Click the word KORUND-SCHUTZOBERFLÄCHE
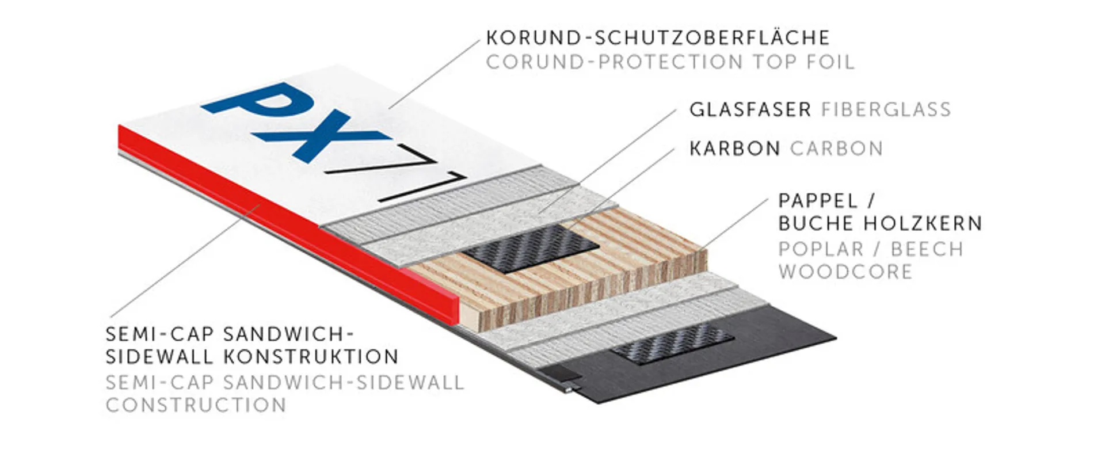click(658, 38)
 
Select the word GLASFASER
click(750, 109)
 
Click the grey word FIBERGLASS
click(886, 109)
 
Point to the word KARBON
click(735, 148)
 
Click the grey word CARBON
click(836, 148)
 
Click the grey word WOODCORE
click(845, 272)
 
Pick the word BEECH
click(927, 249)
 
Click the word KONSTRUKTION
click(311, 357)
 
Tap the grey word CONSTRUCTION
click(196, 405)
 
